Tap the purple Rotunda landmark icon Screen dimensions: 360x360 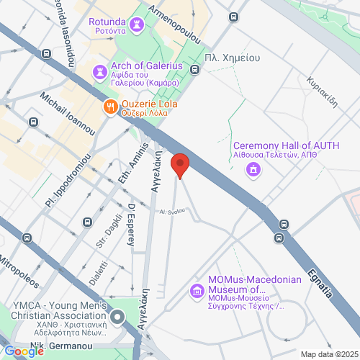138,25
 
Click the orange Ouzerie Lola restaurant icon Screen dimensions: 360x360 110,106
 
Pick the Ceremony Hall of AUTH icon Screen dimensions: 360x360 253,169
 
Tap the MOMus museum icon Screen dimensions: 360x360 196,291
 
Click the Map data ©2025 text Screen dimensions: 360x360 329,354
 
